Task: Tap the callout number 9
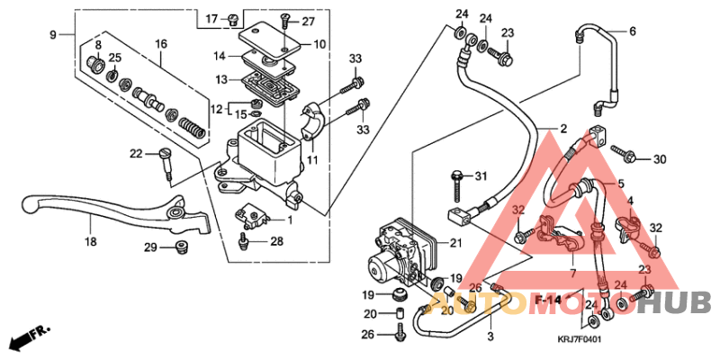pos(53,35)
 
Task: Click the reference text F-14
pos(546,297)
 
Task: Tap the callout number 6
pos(632,31)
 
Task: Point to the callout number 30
pos(660,159)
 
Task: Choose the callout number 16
pos(161,43)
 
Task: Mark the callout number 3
pos(490,336)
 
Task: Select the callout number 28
pos(276,240)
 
